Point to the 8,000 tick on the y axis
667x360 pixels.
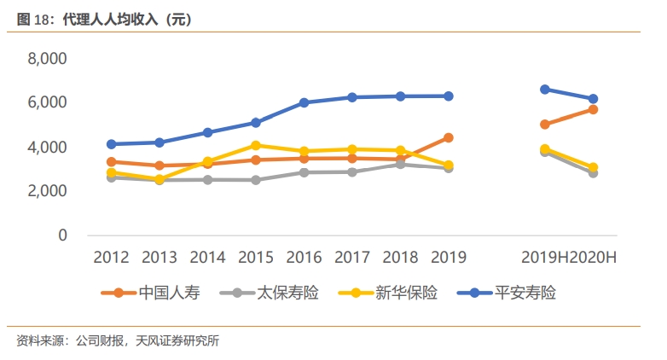(x=48, y=59)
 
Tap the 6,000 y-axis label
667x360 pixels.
(x=48, y=102)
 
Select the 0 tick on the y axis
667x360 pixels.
(x=61, y=235)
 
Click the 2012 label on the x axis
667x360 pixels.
(x=111, y=258)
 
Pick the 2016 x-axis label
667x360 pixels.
(x=304, y=258)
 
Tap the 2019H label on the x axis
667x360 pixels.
(x=544, y=258)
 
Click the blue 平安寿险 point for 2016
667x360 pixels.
(x=304, y=102)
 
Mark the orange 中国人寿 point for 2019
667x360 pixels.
(x=448, y=137)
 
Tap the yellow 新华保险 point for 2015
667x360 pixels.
(x=256, y=145)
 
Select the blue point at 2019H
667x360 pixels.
(x=544, y=89)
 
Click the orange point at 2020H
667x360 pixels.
(x=593, y=109)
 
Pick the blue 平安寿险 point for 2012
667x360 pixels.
(x=111, y=144)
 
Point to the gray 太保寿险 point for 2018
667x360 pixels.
(x=400, y=164)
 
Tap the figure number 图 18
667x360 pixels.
(x=30, y=18)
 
